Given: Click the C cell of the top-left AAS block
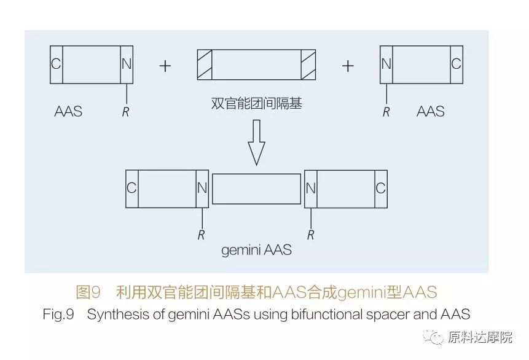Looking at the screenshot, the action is pos(57,65).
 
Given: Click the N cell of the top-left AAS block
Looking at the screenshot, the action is pos(127,65).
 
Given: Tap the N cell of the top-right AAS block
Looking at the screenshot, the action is pos(386,65).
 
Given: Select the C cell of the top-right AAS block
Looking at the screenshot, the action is pos(457,65).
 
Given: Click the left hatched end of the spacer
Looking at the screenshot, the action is pos(205,65).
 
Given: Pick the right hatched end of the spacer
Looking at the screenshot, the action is pos(308,65).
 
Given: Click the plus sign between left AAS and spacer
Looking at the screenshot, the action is pos(165,66).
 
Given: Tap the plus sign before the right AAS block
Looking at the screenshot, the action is pos(348,66).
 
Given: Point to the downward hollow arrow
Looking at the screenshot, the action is pos(256,143).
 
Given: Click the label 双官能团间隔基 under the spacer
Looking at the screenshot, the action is pos(256,103).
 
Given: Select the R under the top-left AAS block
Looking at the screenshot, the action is pos(125,112).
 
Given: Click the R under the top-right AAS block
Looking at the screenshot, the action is pos(386,112).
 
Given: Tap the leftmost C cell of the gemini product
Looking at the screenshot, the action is pos(132,189).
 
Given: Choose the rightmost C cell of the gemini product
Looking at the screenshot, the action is pos(381,189).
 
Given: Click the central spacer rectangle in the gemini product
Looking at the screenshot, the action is pos(256,189).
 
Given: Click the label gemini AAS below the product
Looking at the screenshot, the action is pos(256,250).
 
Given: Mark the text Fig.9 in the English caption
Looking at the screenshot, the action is pos(58,315).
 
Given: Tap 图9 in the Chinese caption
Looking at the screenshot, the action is pos(88,292).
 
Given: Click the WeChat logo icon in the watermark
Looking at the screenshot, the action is pos(434,337).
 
